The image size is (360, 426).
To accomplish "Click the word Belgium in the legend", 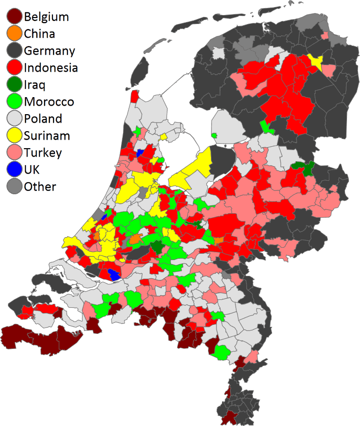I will (x=46, y=17).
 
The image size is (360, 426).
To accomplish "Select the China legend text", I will (x=39, y=34).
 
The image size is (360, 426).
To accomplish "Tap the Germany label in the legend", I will (x=49, y=51).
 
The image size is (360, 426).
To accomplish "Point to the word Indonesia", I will (x=50, y=68).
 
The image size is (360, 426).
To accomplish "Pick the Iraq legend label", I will (x=34, y=85).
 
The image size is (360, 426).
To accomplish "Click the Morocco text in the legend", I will (x=49, y=102).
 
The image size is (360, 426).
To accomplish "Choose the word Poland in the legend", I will (x=43, y=119).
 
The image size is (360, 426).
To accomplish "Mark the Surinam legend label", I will (x=47, y=136).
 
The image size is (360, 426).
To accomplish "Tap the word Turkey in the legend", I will (x=43, y=153).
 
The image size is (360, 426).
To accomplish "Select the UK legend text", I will (x=32, y=170).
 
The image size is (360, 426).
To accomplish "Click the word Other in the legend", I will (x=40, y=187).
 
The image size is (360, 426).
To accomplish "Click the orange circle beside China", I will (x=14, y=34).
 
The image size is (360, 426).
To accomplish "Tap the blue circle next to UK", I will (x=14, y=170).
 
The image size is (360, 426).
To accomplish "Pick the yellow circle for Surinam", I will (x=14, y=136).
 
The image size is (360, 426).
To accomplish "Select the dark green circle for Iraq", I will (x=14, y=85).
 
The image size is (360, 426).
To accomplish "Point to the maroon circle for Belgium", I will (x=14, y=17).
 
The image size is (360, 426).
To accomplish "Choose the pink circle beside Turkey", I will (x=14, y=153).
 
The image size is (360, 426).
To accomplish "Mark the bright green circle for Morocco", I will (x=14, y=102).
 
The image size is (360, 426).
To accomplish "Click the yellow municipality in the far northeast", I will (x=315, y=61).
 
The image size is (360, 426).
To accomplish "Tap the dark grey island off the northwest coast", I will (x=141, y=69).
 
